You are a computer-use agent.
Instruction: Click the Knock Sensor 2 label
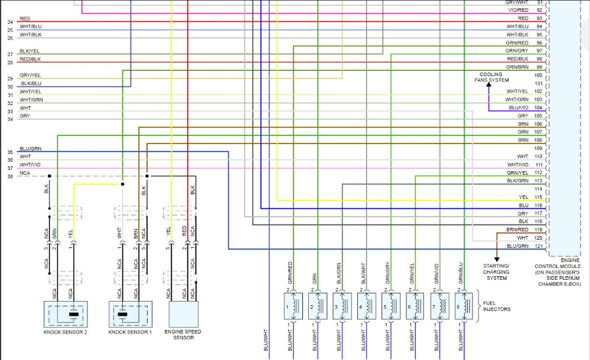point(65,332)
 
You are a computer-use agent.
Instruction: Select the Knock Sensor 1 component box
point(130,313)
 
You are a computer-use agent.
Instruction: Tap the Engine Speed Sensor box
point(183,313)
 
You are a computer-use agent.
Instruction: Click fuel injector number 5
point(387,307)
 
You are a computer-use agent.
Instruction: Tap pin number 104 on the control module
point(538,108)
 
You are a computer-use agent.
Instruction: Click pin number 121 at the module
point(538,246)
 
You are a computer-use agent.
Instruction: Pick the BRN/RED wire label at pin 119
point(517,230)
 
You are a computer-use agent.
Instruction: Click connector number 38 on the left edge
point(10,176)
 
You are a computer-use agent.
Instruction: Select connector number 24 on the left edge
point(10,22)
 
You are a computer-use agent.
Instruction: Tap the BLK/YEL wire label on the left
point(29,51)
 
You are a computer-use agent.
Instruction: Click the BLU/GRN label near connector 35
point(30,149)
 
